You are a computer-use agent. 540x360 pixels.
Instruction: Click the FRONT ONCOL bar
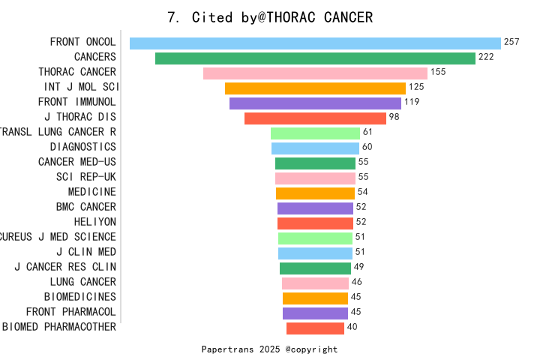point(315,43)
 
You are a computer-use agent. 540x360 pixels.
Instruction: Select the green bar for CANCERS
point(315,58)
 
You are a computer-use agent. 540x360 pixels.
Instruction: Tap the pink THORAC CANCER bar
point(315,73)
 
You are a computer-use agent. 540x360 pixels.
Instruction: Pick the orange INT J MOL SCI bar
point(315,88)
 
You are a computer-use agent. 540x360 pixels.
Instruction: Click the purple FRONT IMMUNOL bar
point(315,103)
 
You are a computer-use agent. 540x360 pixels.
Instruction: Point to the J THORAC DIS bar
point(315,118)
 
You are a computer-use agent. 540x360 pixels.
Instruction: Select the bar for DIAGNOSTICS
point(315,148)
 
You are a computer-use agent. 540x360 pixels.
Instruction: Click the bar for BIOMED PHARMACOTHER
point(315,328)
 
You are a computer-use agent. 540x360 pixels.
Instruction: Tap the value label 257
point(511,42)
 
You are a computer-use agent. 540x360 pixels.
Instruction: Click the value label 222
point(486,57)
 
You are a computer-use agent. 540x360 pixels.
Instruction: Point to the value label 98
point(394,117)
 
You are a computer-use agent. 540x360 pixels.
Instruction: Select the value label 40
point(352,327)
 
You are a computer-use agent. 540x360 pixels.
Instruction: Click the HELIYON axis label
point(95,222)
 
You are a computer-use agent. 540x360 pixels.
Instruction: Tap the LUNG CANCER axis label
point(83,282)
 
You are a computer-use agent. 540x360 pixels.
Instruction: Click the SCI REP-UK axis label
point(86,177)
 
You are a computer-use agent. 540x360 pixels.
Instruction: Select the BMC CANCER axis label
point(86,207)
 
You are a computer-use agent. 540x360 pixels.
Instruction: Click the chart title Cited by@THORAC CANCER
point(270,17)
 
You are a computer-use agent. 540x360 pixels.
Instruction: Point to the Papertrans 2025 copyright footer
point(269,349)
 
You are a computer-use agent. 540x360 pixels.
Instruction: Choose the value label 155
point(438,72)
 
